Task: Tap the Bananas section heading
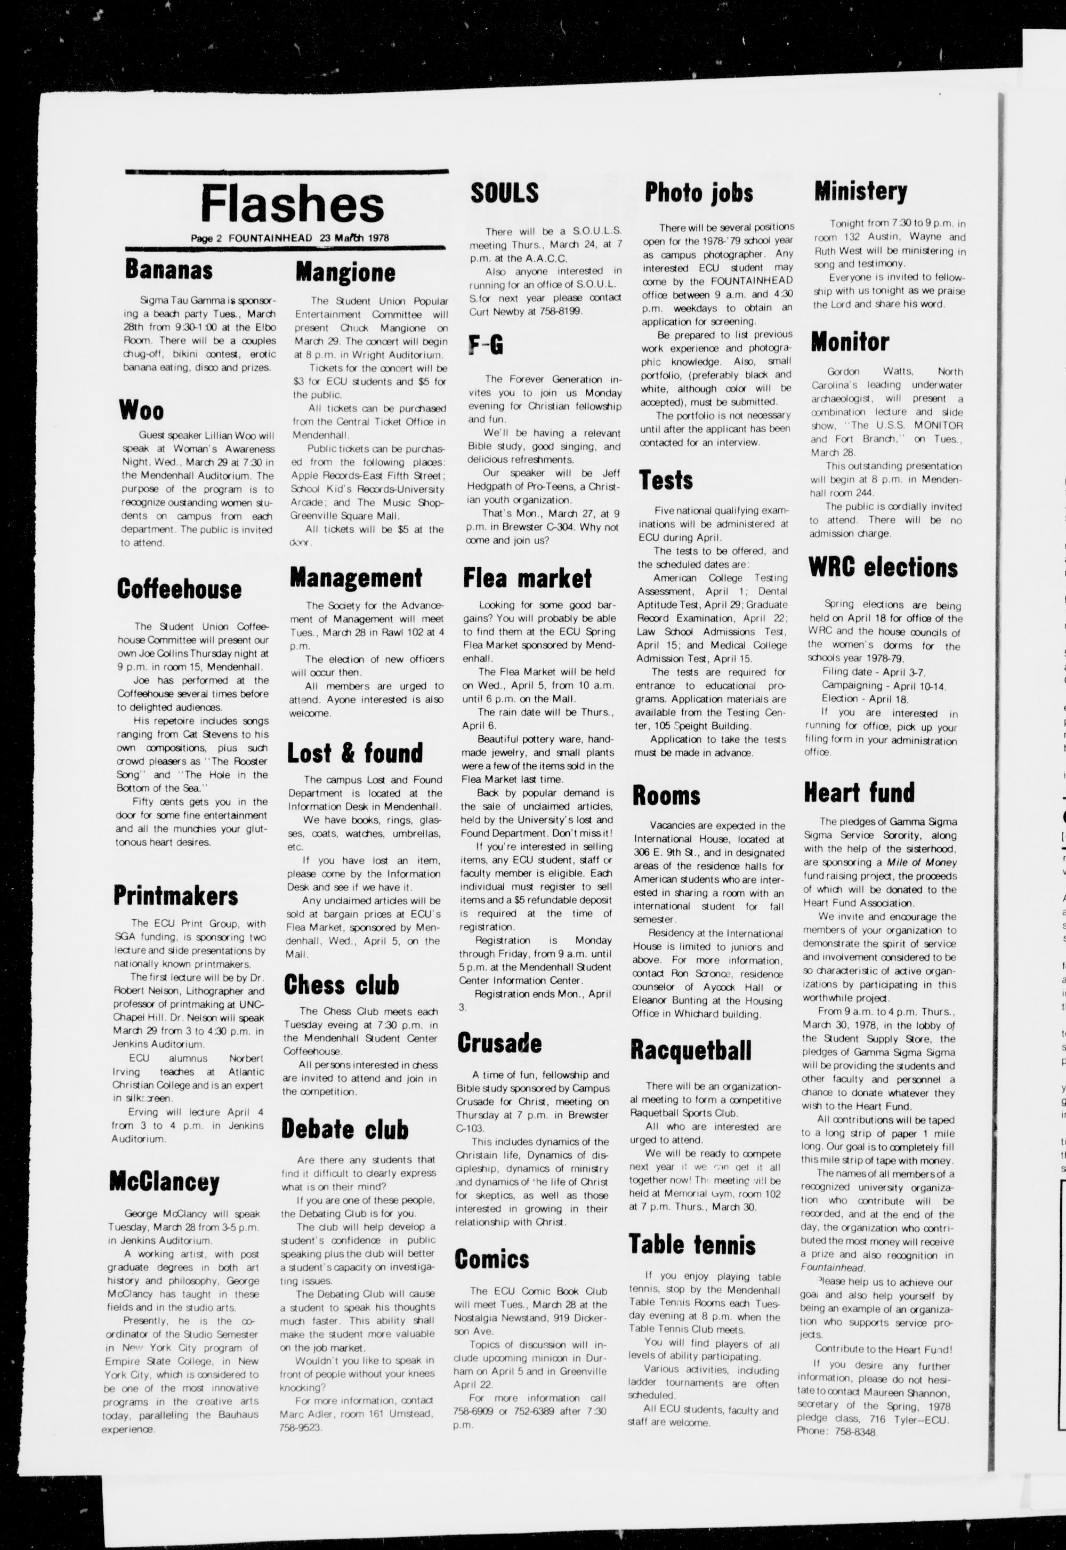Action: tap(169, 269)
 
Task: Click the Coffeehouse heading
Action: tap(179, 589)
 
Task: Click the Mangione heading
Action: tap(345, 272)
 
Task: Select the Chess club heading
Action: tap(341, 984)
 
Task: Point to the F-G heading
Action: tap(486, 345)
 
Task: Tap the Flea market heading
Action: tap(528, 578)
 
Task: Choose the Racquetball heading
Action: tap(691, 1049)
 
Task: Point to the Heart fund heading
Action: tap(859, 792)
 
